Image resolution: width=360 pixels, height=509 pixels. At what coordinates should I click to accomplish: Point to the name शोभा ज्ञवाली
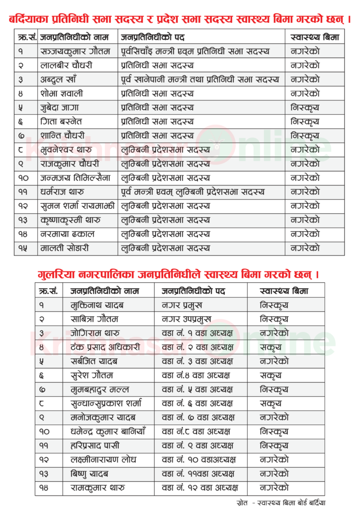coord(62,93)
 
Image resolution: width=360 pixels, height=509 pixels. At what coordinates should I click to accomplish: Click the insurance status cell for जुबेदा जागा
coord(305,107)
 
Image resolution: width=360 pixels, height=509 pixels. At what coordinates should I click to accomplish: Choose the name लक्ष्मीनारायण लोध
coord(103,459)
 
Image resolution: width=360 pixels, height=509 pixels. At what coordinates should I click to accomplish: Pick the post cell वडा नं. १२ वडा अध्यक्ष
coord(200,488)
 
